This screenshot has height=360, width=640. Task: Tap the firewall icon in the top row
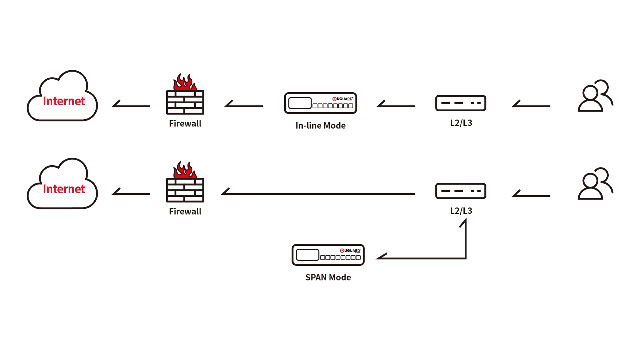[185, 102]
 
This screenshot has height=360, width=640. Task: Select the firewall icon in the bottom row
[185, 190]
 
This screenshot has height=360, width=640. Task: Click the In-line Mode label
[320, 126]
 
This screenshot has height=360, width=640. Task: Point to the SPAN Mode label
[328, 277]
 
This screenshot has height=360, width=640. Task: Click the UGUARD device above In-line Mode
[320, 103]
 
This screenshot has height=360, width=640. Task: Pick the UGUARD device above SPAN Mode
[328, 255]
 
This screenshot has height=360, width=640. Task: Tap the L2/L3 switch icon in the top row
[461, 103]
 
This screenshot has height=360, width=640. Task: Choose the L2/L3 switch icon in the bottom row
[461, 191]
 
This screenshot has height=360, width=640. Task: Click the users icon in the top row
[595, 96]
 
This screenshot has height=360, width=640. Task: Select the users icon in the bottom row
[595, 184]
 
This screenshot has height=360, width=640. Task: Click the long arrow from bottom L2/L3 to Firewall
[318, 194]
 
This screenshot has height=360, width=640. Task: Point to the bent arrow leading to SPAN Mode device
[433, 258]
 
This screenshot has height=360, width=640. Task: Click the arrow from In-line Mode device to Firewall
[244, 106]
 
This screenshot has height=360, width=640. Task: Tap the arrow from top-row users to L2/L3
[531, 106]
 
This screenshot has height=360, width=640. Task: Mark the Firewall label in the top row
[185, 124]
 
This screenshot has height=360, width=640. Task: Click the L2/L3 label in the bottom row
[461, 211]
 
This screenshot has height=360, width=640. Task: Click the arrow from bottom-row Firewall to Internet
[131, 193]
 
